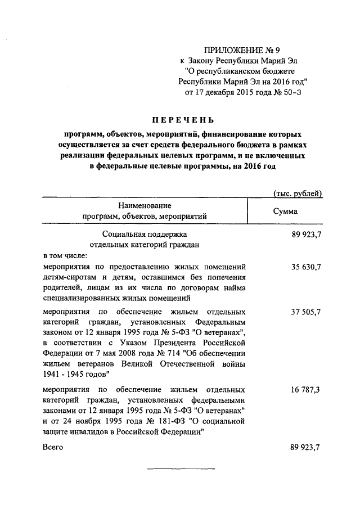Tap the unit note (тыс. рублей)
(x=297, y=194)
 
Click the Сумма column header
(x=285, y=211)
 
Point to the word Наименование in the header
(x=145, y=206)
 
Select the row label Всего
(x=53, y=447)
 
